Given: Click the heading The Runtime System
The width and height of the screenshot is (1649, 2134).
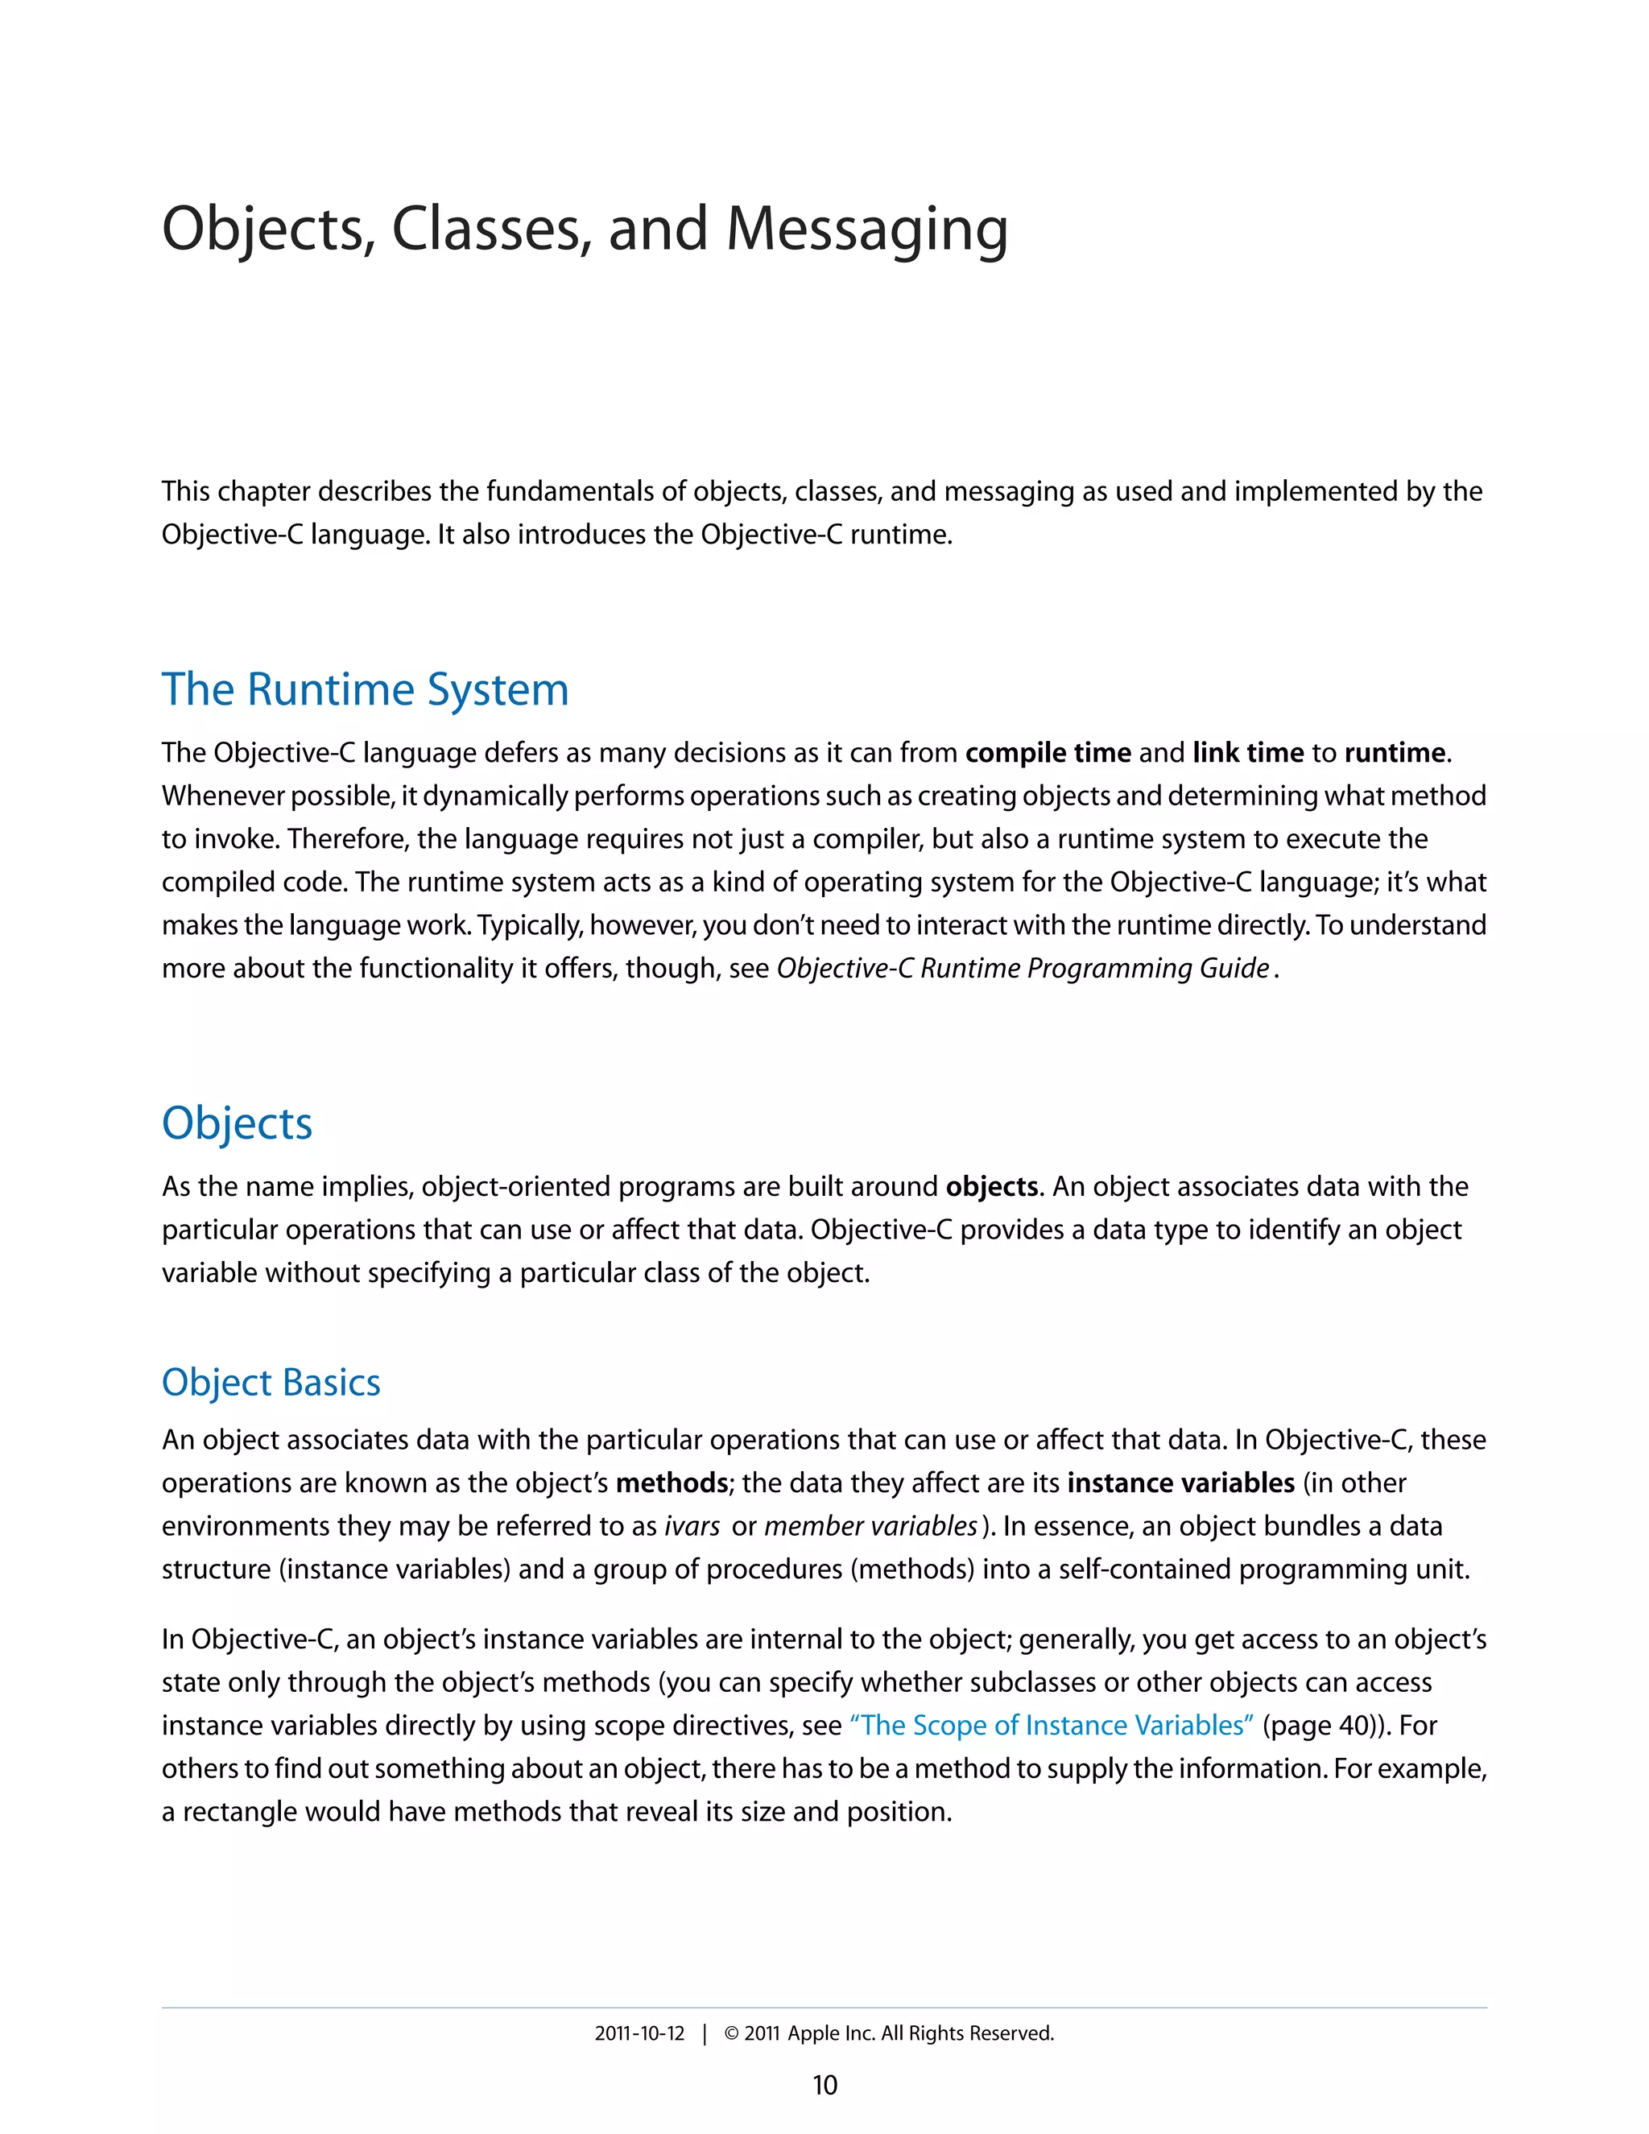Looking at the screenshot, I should [x=365, y=690].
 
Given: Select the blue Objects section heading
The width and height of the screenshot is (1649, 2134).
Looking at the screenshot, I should [x=237, y=1123].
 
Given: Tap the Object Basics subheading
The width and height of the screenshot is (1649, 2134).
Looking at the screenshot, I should [x=271, y=1383].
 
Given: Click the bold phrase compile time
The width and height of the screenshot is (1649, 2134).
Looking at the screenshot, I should [x=1048, y=754].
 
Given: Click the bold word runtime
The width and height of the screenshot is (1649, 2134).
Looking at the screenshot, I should [x=1394, y=754].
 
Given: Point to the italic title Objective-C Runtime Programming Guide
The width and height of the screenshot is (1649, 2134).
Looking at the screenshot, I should [x=1022, y=968].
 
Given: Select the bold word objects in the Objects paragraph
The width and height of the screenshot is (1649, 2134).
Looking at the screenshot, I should [x=990, y=1187].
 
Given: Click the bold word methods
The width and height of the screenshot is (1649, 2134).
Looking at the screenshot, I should [x=672, y=1483].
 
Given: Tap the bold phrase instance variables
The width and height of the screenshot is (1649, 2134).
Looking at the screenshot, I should [x=1180, y=1483].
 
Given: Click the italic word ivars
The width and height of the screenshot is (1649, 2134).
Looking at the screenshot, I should [x=692, y=1526].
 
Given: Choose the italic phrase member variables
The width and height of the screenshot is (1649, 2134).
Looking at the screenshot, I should [x=870, y=1526].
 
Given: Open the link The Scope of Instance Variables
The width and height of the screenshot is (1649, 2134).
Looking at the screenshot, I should [x=1051, y=1726].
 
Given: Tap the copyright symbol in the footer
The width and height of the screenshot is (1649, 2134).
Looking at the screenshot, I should [x=731, y=2033].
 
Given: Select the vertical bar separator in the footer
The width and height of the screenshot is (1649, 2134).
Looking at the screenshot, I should [x=705, y=2033].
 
